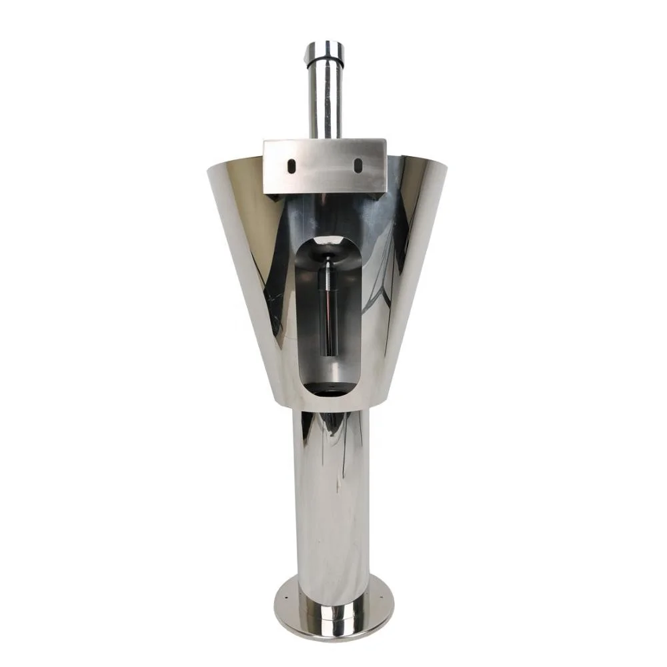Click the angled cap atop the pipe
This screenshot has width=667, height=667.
coord(325,51)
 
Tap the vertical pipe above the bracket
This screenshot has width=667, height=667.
coord(325,100)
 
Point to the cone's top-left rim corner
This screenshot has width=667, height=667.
coord(209,167)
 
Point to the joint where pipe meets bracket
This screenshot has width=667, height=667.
coord(325,138)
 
